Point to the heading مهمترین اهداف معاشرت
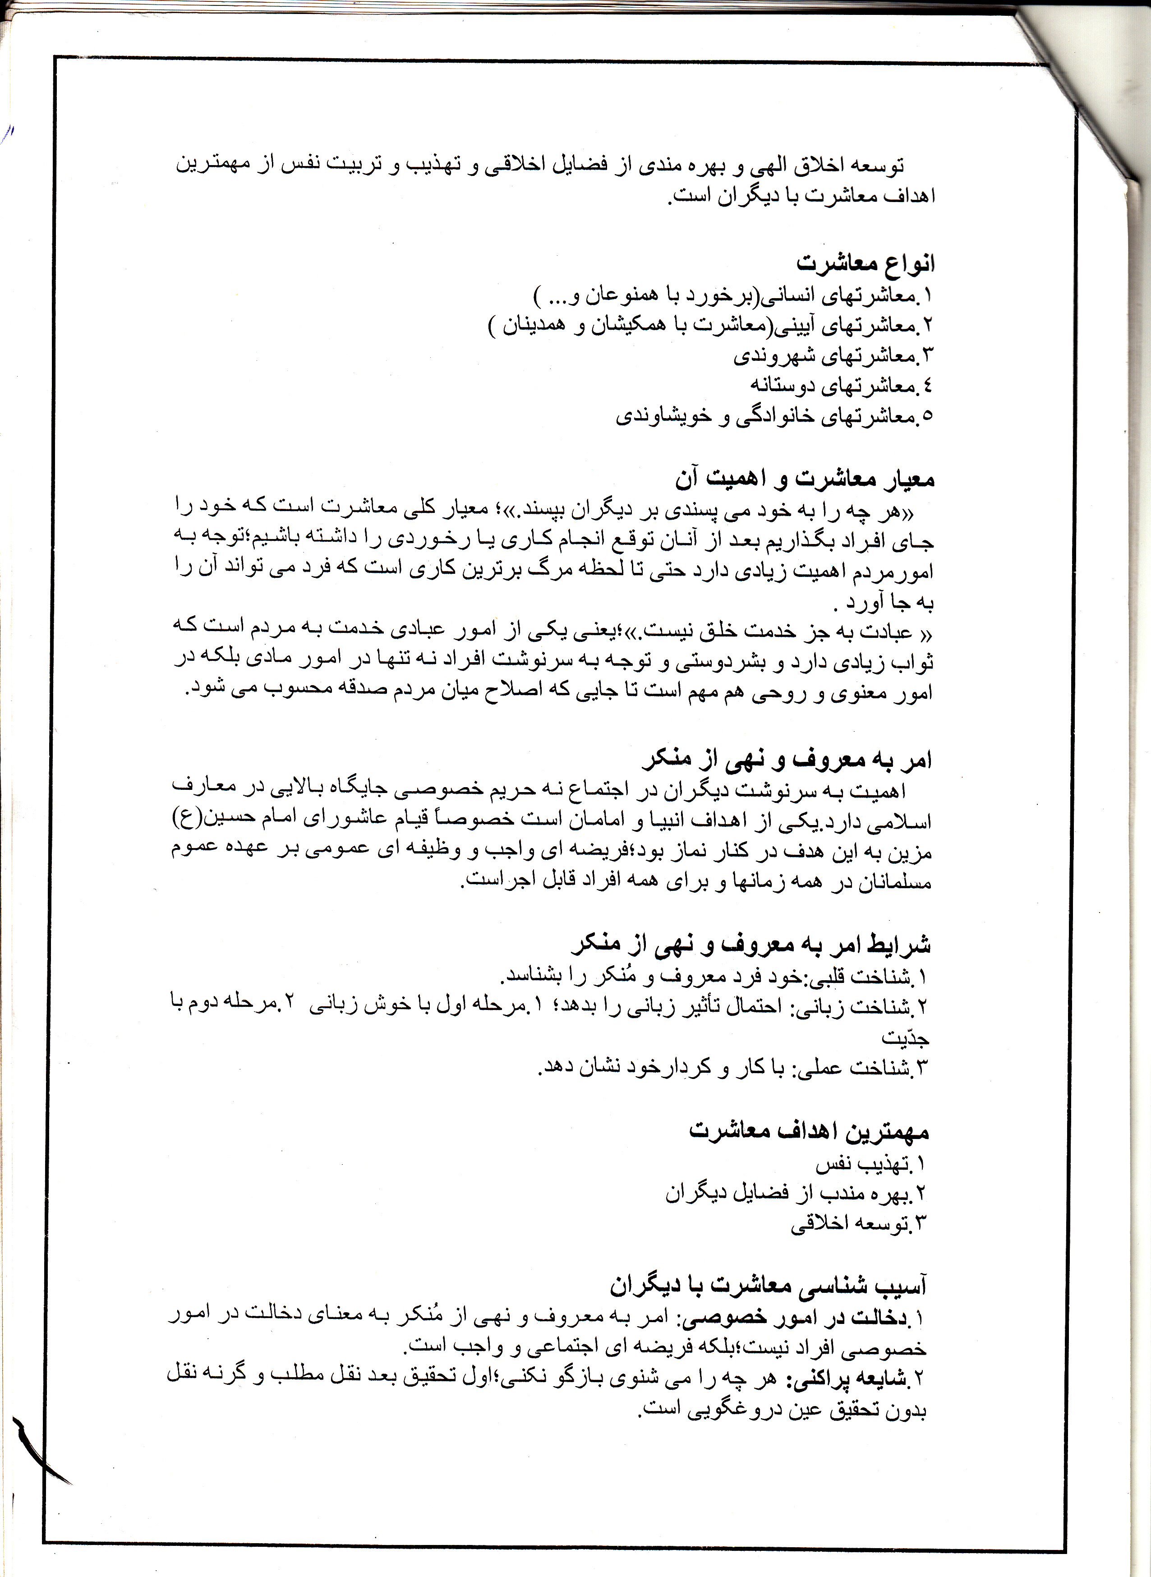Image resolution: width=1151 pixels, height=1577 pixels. tap(810, 1131)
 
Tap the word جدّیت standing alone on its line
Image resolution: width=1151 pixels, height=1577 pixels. tap(905, 1037)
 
